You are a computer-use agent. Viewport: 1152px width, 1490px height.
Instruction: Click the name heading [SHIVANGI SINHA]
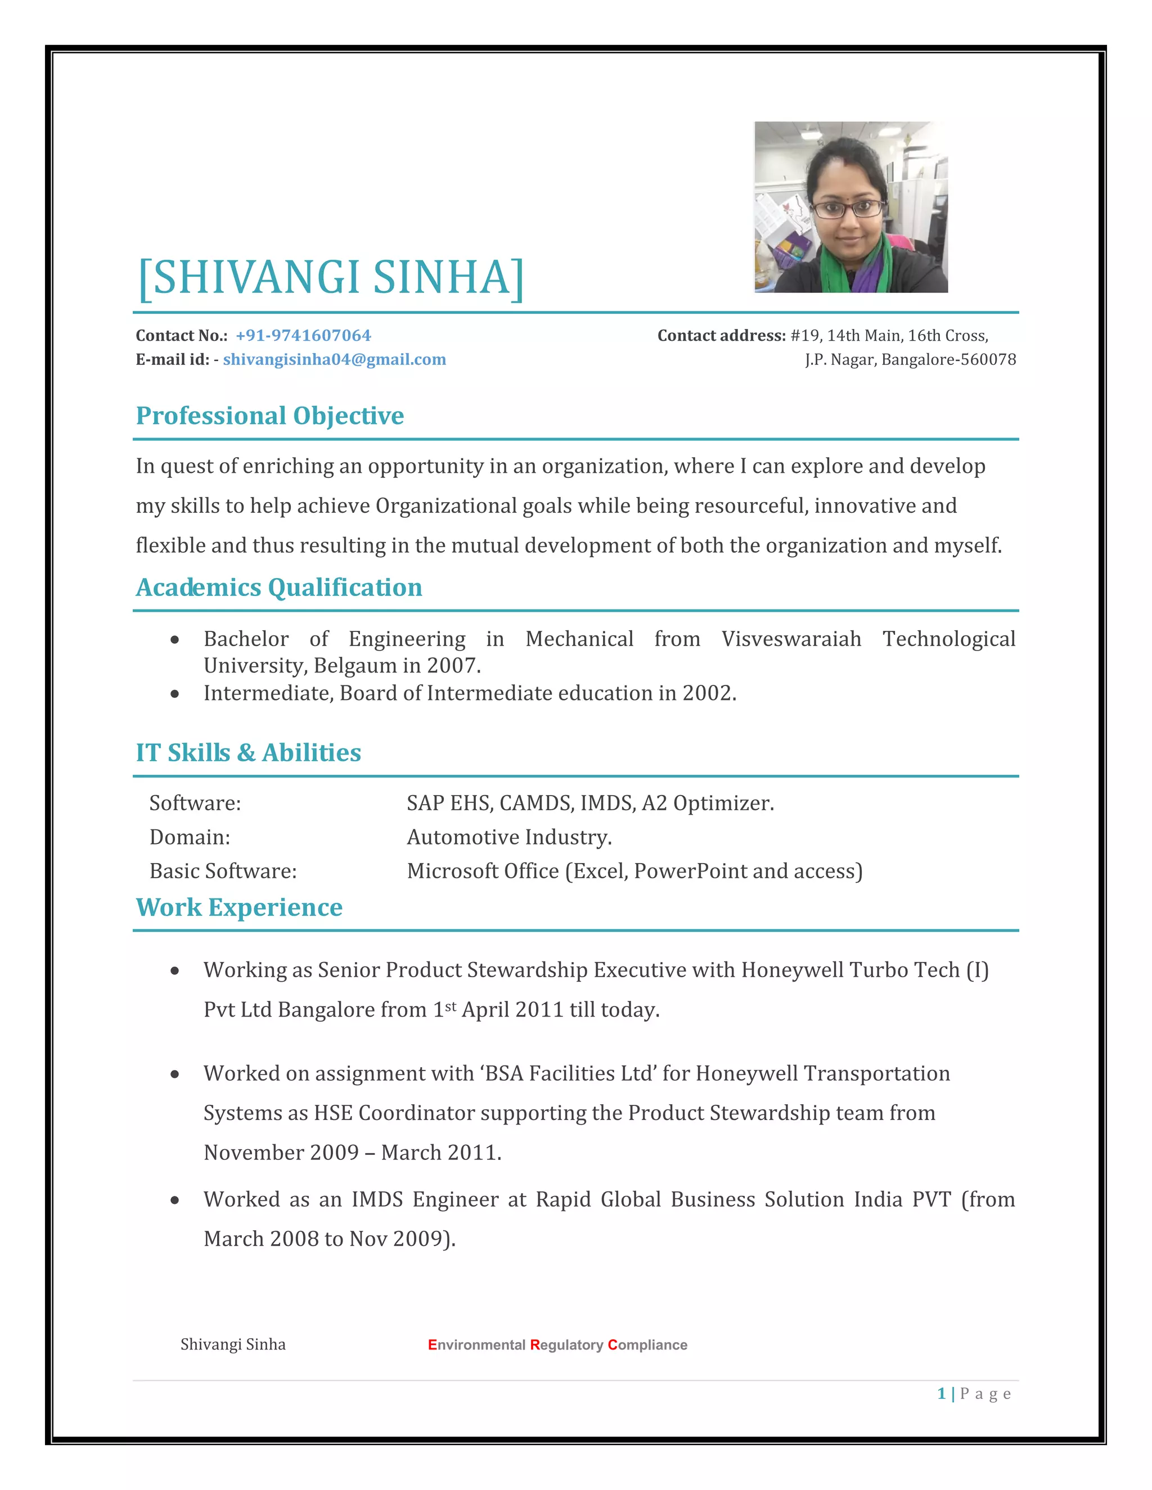coord(331,278)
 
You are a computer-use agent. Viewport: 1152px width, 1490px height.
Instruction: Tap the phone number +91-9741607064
coord(303,336)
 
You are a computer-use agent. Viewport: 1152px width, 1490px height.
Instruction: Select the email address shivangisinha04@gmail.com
coord(335,359)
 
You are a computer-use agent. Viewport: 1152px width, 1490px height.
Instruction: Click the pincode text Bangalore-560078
coord(948,359)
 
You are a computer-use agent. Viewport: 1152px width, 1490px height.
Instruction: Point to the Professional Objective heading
coord(269,416)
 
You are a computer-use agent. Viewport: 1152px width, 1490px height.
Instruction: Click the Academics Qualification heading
coord(278,588)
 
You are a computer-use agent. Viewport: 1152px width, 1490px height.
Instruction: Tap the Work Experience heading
coord(239,907)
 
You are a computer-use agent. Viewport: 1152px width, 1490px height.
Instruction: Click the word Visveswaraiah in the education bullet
coord(791,639)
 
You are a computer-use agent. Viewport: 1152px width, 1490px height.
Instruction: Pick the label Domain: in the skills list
coord(190,837)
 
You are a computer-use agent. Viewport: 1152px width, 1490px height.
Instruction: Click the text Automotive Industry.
coord(509,837)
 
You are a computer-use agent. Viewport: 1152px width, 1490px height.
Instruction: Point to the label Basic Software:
coord(223,871)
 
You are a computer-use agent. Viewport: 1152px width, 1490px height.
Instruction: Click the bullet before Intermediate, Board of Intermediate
coord(175,694)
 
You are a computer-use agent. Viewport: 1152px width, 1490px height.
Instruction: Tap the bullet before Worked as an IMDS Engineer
coord(175,1200)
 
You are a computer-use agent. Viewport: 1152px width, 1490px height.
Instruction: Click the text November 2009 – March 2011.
coord(352,1152)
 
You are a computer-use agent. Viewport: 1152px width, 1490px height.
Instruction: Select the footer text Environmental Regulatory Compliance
coord(557,1345)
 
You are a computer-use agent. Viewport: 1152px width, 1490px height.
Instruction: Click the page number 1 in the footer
coord(941,1394)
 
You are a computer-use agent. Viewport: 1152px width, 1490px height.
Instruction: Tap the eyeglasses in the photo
coord(847,208)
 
